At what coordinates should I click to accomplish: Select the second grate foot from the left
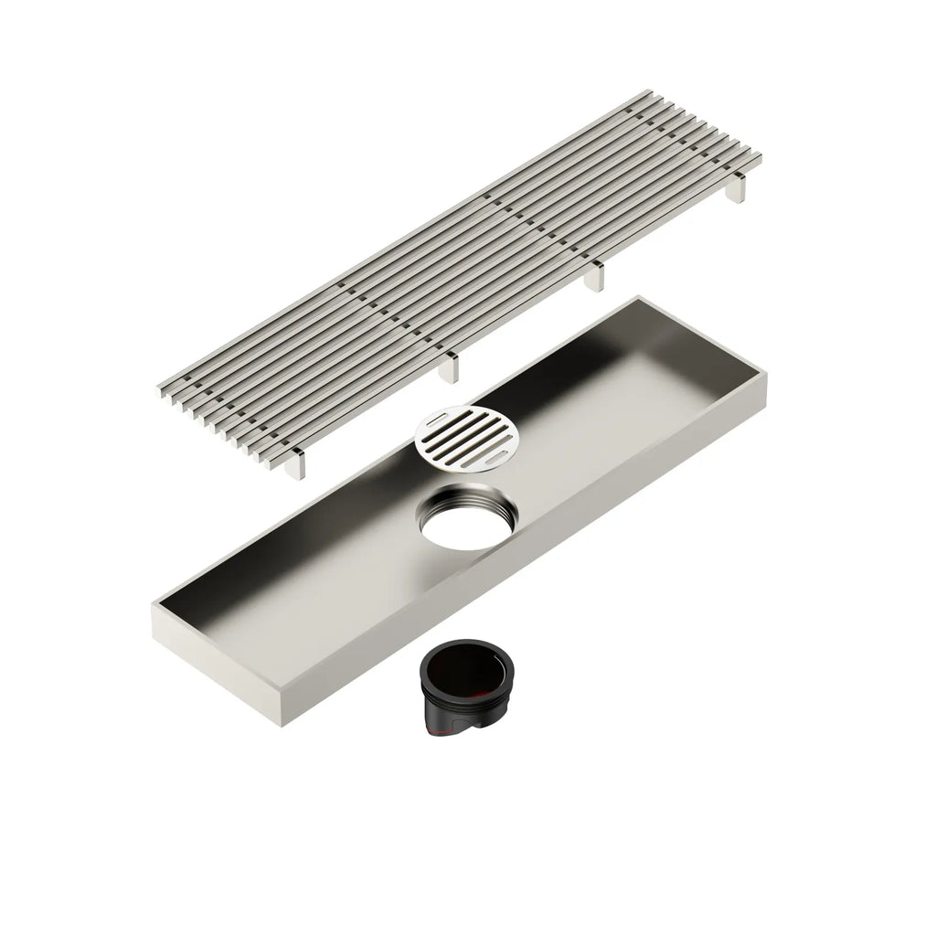point(447,367)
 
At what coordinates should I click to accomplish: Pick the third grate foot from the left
point(595,276)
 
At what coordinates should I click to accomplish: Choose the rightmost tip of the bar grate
point(760,157)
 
